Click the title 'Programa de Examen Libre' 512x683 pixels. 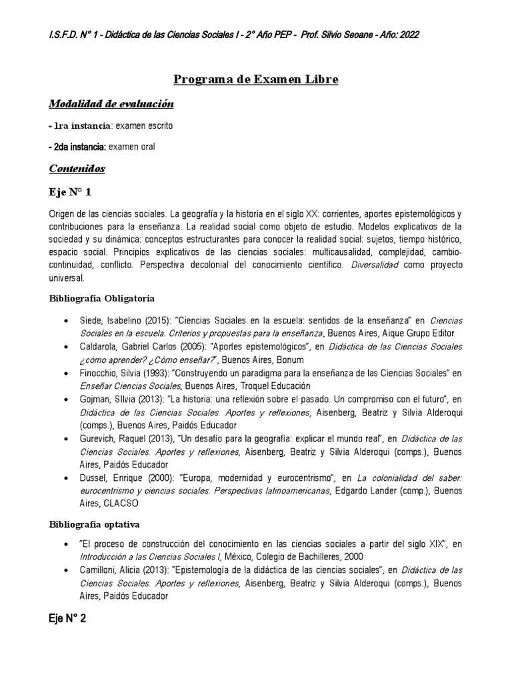(256, 79)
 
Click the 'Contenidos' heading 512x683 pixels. (77, 169)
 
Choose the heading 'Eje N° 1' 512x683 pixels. (70, 193)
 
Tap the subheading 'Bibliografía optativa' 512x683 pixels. (95, 524)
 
